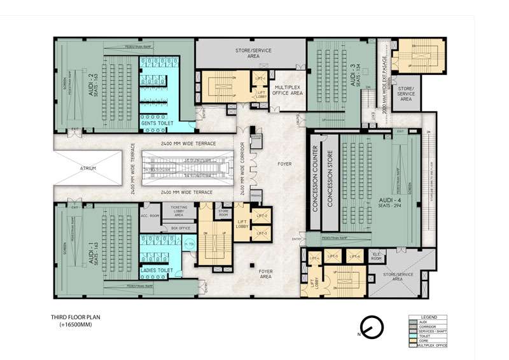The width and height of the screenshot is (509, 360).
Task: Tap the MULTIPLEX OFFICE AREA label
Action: tap(287, 88)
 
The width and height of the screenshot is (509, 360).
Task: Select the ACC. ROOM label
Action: tap(148, 216)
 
